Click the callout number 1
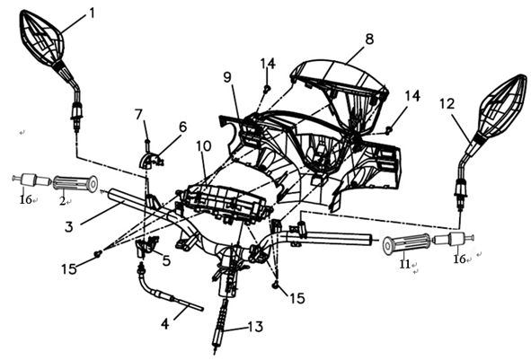[x=92, y=13]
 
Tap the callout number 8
[x=369, y=39]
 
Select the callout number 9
[x=227, y=77]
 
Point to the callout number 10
[x=204, y=145]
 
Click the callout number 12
[x=447, y=103]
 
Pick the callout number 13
[x=255, y=327]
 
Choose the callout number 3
[x=69, y=226]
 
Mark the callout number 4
[x=164, y=324]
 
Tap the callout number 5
[x=166, y=260]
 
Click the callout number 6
[x=182, y=127]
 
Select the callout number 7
[x=138, y=114]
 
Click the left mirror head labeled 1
[x=42, y=38]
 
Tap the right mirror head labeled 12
[x=502, y=107]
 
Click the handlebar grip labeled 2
[x=75, y=183]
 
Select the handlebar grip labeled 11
[x=406, y=243]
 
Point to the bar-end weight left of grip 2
[x=31, y=180]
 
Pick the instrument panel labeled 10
[x=225, y=203]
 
